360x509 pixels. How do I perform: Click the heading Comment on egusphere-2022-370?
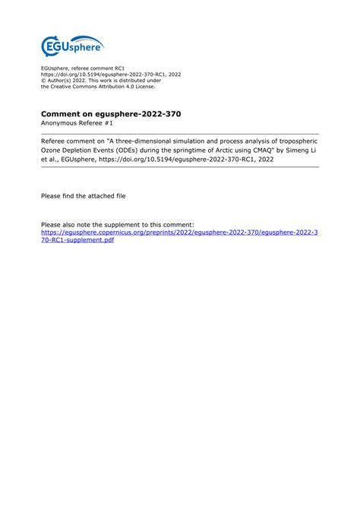coord(111,113)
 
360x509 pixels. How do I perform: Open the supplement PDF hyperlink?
coord(179,235)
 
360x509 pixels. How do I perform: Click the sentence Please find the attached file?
coord(84,195)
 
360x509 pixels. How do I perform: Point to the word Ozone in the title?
coord(54,150)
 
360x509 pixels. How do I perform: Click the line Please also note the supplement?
coord(118,225)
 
